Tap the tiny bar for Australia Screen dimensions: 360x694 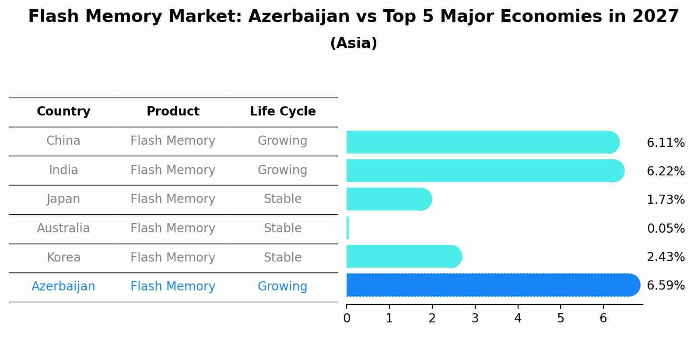pos(348,228)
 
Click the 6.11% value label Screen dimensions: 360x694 pos(665,143)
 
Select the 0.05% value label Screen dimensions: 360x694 pos(665,228)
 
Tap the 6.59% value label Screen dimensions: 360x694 pos(665,286)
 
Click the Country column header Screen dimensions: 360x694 pos(63,112)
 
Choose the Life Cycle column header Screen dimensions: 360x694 pos(283,112)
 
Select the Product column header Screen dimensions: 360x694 pos(173,112)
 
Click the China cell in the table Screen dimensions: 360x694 pos(63,141)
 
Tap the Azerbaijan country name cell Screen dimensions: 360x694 pos(63,287)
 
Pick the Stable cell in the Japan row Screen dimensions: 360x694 pos(283,199)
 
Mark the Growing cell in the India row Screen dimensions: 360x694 pos(283,170)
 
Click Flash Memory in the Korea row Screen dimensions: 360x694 pos(173,257)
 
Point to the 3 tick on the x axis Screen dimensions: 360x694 pos(475,318)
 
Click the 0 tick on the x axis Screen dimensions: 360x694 pos(347,318)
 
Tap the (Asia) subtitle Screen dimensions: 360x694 pos(354,43)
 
